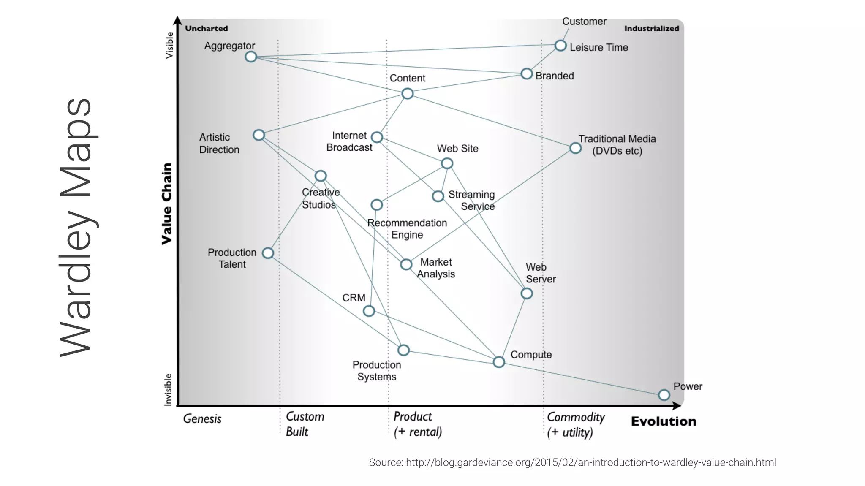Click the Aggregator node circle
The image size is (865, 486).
pos(251,57)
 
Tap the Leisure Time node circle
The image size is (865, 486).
pos(560,46)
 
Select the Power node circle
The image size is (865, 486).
pos(664,395)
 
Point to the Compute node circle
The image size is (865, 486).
pos(499,362)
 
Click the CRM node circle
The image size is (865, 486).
pos(369,311)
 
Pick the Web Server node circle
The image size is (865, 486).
pos(527,293)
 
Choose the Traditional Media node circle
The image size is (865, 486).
pos(575,148)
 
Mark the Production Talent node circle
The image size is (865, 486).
pos(268,253)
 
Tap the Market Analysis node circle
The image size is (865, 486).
pos(406,265)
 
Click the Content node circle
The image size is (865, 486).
pos(408,93)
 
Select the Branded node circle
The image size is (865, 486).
pos(527,74)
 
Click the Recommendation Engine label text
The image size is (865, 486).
pos(407,229)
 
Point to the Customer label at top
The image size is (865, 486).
pos(584,22)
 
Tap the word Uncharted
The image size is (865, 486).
pos(207,29)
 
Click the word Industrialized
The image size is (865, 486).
pos(652,29)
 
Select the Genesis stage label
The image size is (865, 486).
pos(202,419)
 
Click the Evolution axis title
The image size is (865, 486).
pos(664,421)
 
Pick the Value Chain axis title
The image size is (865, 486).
pos(167,204)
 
